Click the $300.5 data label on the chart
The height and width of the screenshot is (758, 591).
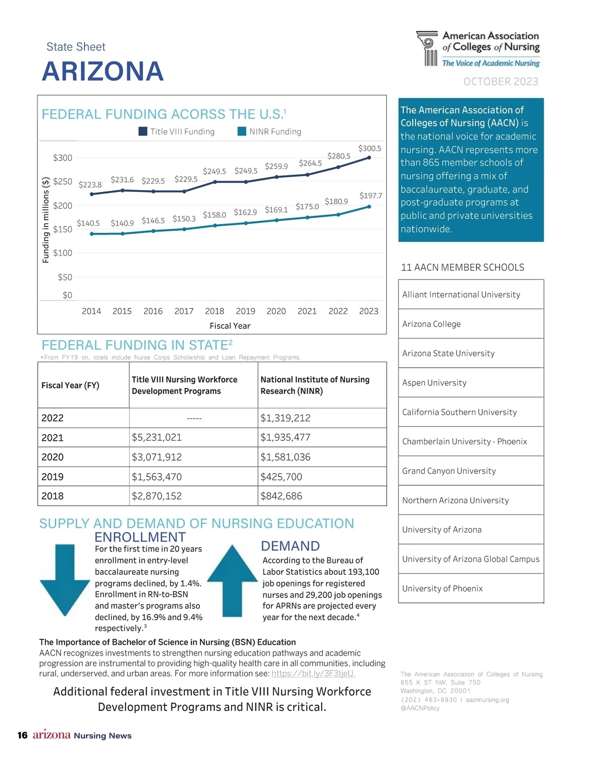[369, 149]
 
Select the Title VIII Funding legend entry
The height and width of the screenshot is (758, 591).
[177, 131]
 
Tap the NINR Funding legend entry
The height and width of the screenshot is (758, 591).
[269, 131]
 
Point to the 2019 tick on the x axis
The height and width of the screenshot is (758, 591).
[245, 311]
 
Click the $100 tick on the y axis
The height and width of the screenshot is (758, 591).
[63, 253]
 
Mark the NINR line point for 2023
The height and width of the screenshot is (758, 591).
[369, 207]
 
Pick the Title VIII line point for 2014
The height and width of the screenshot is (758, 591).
[92, 194]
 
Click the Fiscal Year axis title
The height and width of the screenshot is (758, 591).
[230, 326]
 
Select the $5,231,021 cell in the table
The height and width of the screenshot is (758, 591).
[157, 437]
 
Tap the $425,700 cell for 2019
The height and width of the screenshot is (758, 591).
[281, 476]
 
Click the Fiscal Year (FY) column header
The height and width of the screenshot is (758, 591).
[70, 385]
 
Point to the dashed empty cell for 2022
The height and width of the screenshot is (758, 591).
[194, 418]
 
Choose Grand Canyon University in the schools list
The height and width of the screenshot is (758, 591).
[449, 471]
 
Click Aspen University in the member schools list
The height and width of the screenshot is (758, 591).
[434, 383]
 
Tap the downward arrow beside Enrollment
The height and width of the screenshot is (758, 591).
[65, 580]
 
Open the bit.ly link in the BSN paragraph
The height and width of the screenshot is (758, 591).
[313, 674]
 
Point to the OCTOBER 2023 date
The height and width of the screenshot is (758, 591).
[501, 82]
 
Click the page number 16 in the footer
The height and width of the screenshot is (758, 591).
[23, 735]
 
